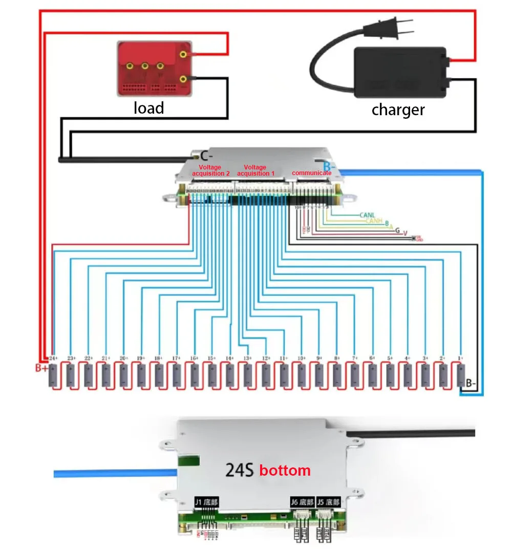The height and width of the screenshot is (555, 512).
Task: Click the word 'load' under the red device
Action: point(149,108)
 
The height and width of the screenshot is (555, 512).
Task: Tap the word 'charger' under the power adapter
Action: point(398,110)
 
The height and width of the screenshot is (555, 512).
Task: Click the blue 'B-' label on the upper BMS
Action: point(329,166)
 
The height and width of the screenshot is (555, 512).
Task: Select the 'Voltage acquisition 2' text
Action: point(211,170)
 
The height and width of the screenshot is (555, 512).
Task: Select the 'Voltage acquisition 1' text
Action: point(255,170)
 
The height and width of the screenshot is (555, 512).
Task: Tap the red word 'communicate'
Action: point(311,173)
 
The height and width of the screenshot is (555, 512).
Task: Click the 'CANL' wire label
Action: point(368,215)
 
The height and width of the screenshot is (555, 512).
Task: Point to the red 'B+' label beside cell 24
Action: point(41,368)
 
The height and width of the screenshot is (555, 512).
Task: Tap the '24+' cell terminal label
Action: point(53,358)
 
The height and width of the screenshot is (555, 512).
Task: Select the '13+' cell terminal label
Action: point(248,358)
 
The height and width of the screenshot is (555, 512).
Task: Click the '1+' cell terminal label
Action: point(460,358)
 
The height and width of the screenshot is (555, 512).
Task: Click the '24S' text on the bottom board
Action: point(240,469)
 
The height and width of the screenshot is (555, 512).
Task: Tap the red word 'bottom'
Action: point(285,470)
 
